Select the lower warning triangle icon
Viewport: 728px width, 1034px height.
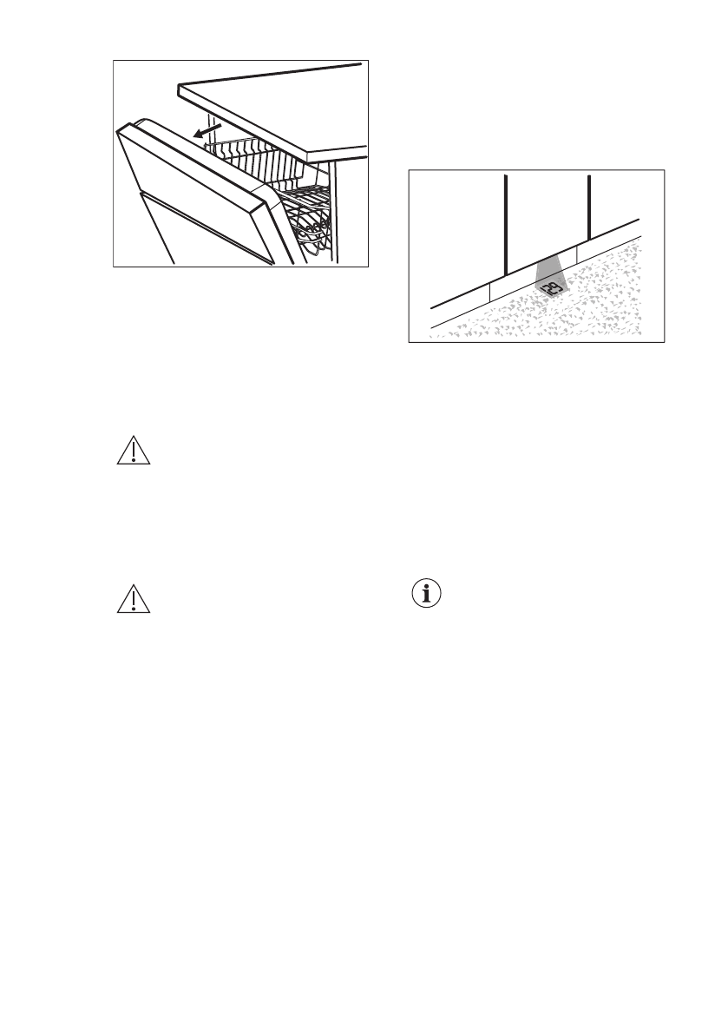[x=133, y=602]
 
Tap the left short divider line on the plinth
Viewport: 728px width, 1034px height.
[x=490, y=292]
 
